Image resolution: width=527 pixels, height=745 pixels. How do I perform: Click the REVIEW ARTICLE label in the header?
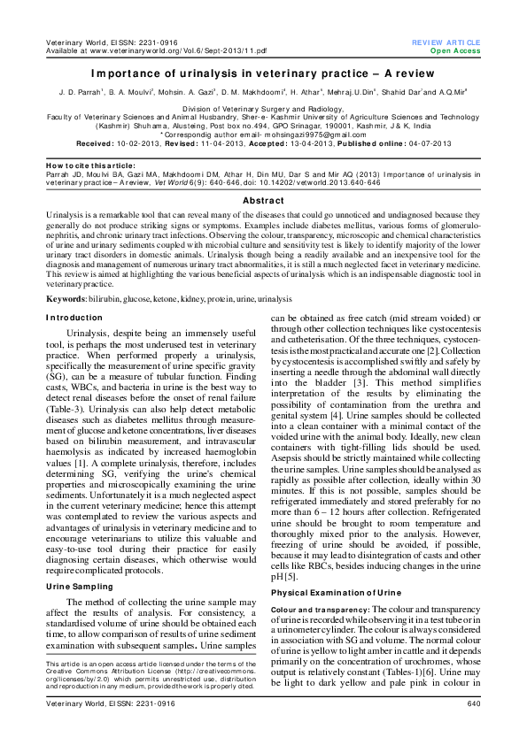[x=446, y=42]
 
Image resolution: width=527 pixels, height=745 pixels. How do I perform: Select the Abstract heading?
[x=263, y=201]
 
